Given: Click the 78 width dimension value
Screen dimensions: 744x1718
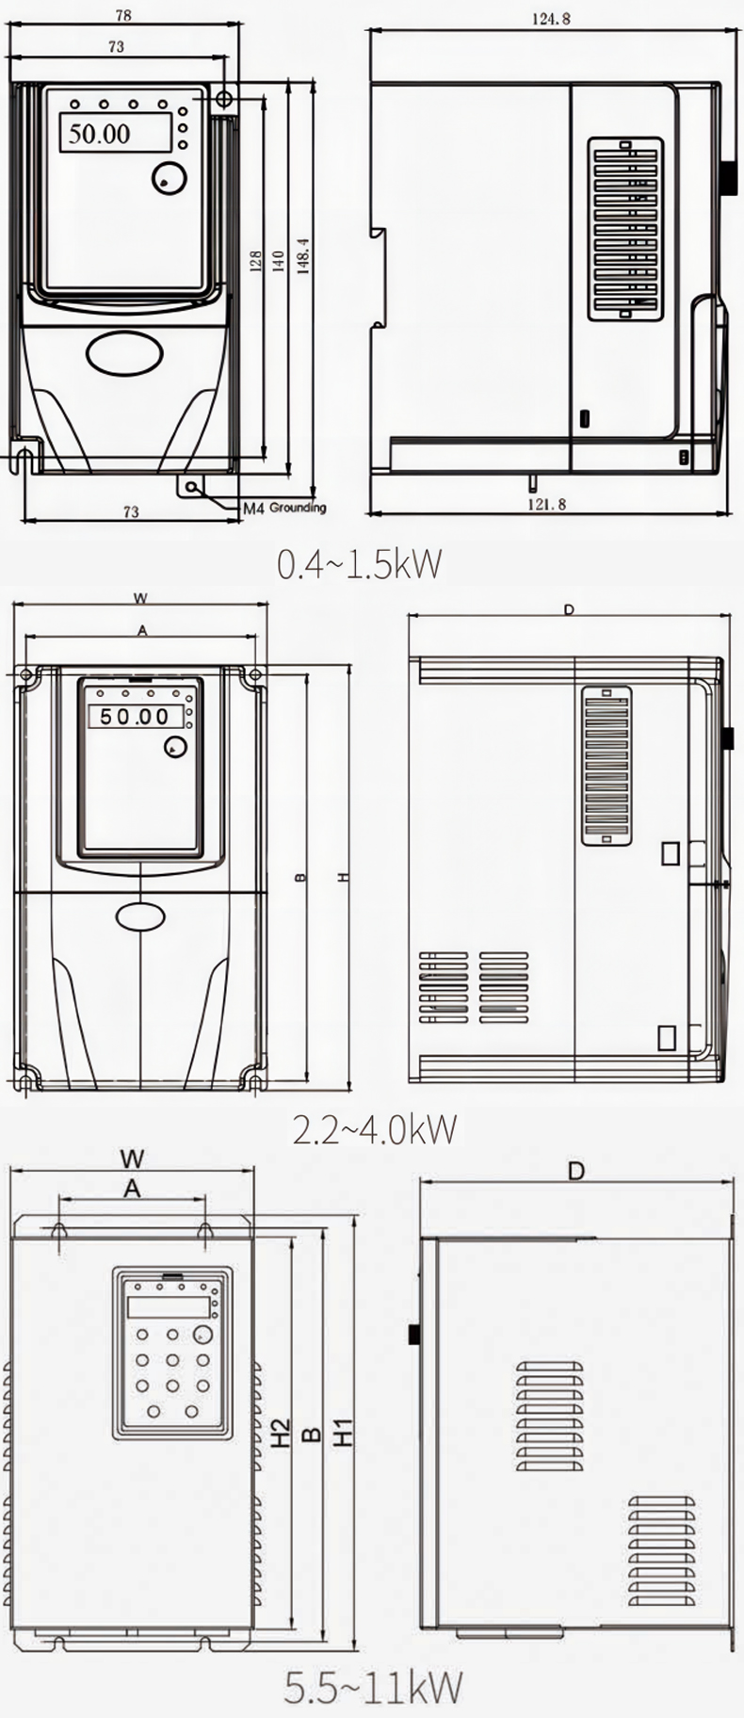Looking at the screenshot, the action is tap(122, 15).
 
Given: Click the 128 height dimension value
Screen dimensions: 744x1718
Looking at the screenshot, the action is tap(255, 261).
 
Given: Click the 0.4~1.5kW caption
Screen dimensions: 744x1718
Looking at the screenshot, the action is tap(359, 562).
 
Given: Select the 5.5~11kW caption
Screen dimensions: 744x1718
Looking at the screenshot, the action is tap(374, 1687).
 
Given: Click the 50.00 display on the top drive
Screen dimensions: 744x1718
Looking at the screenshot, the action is tap(99, 133).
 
